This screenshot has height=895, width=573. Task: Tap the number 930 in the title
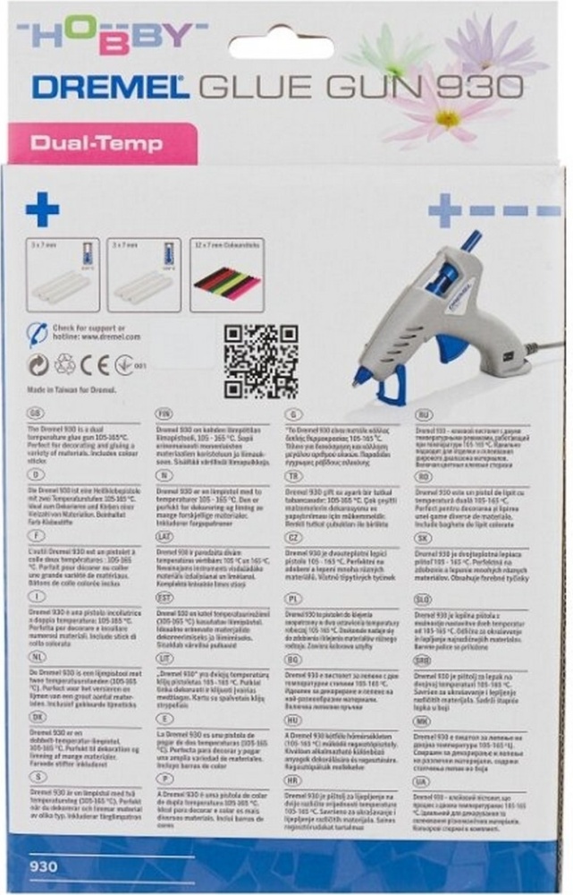click(479, 87)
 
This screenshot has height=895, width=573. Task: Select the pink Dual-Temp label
click(90, 141)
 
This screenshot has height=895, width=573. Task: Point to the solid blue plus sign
click(42, 210)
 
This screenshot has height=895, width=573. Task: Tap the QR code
click(259, 360)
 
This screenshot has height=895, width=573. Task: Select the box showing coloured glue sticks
click(227, 275)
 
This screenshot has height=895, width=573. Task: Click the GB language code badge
click(37, 414)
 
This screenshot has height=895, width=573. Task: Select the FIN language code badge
click(166, 414)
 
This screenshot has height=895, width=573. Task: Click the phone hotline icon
click(37, 333)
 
